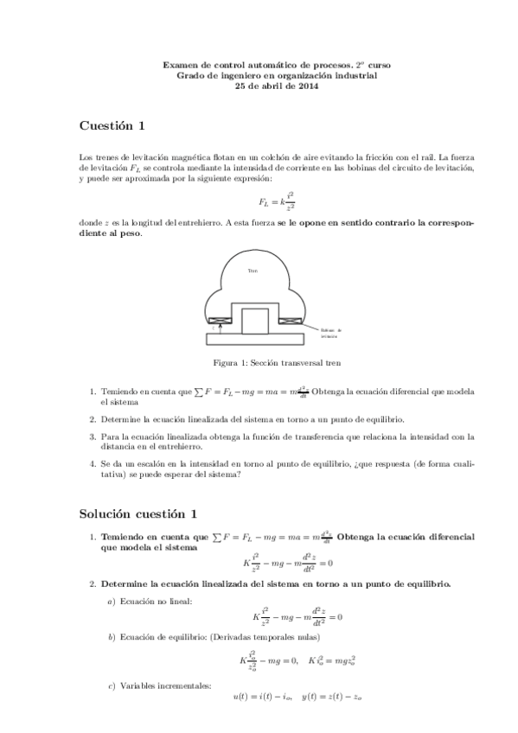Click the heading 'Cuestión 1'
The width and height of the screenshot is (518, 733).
[112, 126]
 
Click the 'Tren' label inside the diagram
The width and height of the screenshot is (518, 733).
[253, 271]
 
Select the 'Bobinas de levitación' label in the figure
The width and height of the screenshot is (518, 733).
[330, 332]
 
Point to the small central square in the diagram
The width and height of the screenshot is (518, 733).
[254, 320]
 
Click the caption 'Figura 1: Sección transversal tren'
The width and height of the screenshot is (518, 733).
[259, 364]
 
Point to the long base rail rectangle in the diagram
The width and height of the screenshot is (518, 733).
[255, 338]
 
